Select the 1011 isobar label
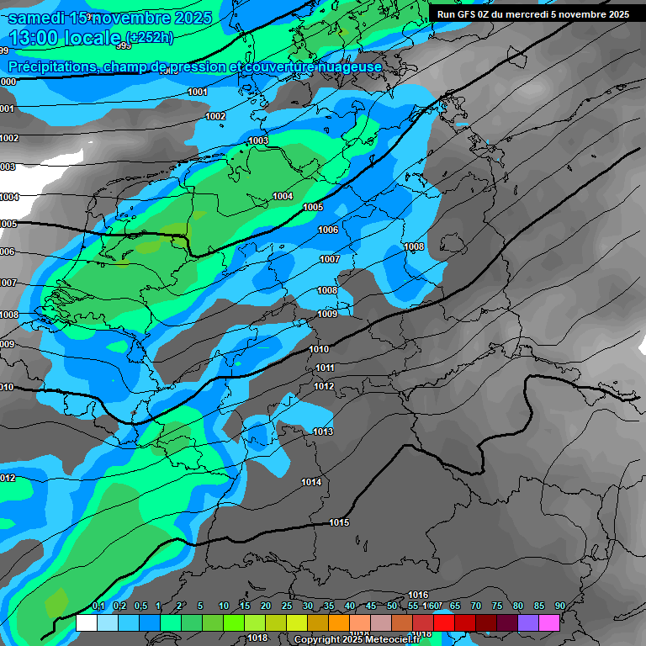pos(325,368)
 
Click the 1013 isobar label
pos(322,432)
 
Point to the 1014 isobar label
pos(311,482)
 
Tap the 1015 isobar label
pos(339,522)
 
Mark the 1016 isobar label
pos(418,595)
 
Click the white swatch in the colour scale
pos(86,622)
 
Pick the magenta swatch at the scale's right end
pos(548,622)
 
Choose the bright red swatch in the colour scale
pos(443,622)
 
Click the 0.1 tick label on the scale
pos(98,606)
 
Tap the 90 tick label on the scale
pos(559,606)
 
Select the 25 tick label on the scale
pos(287,606)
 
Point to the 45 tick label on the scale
pos(371,606)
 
